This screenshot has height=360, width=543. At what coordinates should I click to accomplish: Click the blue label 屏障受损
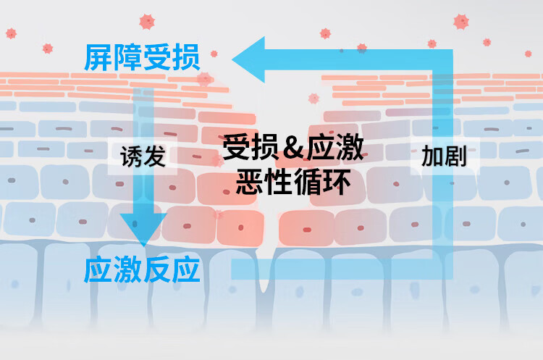(142, 58)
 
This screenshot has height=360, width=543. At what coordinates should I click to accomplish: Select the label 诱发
(143, 156)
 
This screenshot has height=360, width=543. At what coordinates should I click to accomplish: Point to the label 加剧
(443, 156)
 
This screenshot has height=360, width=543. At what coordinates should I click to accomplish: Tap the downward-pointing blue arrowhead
(140, 228)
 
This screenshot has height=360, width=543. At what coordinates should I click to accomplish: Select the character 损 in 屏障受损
(186, 58)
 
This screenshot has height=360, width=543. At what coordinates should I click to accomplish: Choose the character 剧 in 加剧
(455, 156)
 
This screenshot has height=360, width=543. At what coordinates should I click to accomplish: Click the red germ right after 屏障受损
(214, 53)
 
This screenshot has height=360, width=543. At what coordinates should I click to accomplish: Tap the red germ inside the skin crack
(313, 99)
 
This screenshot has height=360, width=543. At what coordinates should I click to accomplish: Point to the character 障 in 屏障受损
(127, 58)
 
